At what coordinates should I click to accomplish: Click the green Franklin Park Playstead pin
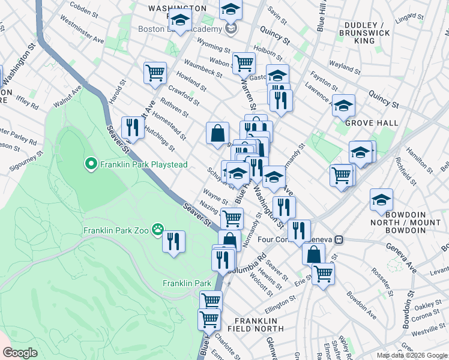coord(91,164)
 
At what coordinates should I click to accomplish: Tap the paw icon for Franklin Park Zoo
coord(158,229)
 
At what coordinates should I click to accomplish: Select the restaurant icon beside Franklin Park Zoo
coord(173,242)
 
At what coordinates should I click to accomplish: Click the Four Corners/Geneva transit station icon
coord(339,239)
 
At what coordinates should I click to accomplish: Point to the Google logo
coord(20,353)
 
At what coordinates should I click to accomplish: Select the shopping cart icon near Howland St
coord(155,73)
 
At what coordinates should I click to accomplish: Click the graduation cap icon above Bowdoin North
coord(381,200)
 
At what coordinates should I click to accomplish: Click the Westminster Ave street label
coord(83,34)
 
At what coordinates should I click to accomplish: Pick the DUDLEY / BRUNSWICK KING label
coord(364,32)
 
